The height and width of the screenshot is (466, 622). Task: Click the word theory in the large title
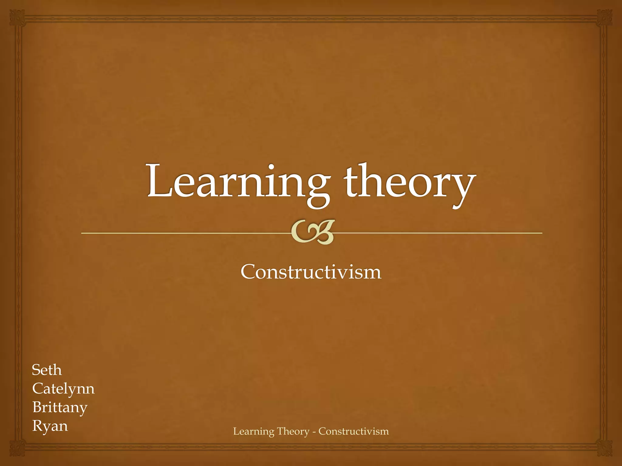408,182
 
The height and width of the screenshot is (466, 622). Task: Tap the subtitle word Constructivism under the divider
311,272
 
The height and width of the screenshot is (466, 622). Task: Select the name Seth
47,370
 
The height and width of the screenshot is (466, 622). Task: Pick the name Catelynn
63,389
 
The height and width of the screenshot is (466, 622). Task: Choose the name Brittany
60,407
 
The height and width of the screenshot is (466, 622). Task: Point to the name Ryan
50,426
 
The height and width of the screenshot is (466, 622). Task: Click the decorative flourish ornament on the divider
313,232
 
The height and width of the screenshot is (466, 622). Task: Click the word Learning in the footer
254,431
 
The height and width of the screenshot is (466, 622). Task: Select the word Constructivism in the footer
354,431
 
